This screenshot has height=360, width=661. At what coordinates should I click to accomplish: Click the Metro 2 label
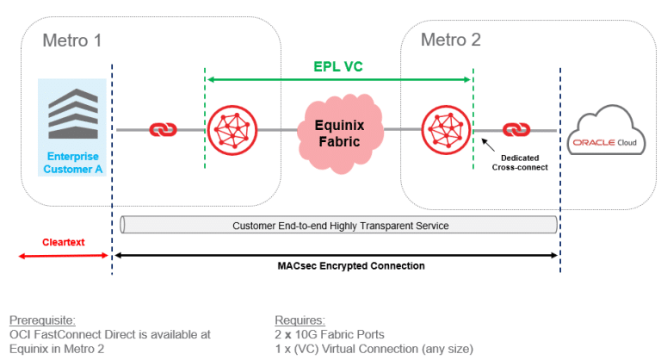450,40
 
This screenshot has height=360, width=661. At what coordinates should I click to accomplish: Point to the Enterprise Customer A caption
72,163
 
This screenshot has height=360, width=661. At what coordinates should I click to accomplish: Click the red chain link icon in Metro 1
163,130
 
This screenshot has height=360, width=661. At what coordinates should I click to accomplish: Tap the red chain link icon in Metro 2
516,130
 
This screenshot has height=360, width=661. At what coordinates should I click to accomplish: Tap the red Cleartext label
64,242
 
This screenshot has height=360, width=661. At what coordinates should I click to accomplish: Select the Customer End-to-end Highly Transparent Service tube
339,226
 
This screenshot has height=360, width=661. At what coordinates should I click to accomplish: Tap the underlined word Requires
299,320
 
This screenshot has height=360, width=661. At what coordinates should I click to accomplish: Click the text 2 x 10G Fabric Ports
330,334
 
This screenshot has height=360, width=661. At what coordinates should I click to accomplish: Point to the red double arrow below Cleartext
64,255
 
